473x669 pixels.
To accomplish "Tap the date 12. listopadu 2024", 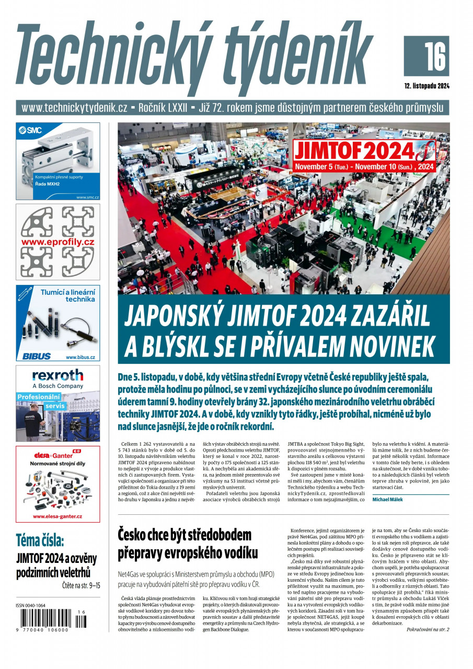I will pos(426,86).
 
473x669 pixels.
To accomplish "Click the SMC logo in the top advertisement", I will pos(30,130).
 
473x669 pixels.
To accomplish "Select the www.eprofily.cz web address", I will pos(57,242).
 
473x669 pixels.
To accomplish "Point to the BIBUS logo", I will pos(37,356).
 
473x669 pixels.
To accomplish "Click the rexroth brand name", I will pos(57,375).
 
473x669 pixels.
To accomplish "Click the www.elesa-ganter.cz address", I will pos(57,516).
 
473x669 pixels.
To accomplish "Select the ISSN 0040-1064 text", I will pos(31,606).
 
